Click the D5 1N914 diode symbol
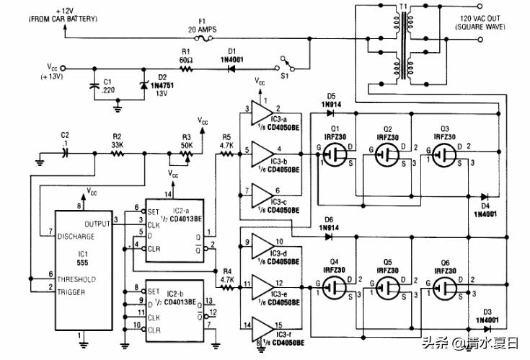[332, 113]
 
